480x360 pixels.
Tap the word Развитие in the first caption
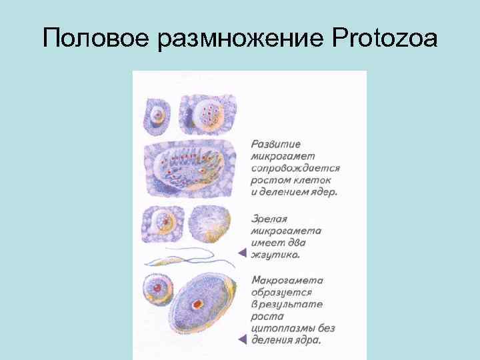click(x=276, y=144)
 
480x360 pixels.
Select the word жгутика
click(x=275, y=254)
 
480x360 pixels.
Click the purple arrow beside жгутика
click(x=243, y=253)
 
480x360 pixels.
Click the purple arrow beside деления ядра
click(x=243, y=340)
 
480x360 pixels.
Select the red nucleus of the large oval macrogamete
click(x=197, y=304)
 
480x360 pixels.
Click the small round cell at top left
click(x=157, y=115)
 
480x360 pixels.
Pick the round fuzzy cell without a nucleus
click(x=210, y=225)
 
